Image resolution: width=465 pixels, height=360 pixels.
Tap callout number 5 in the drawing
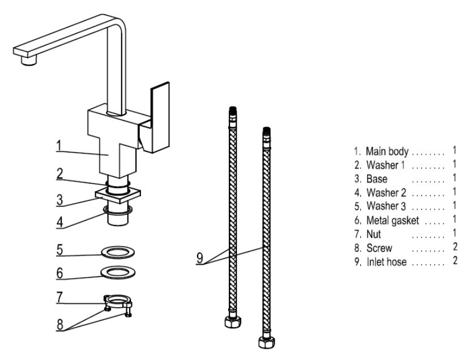point(59,248)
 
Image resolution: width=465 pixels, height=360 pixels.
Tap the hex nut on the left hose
point(231,324)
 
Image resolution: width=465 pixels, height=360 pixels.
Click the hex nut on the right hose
point(265,342)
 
